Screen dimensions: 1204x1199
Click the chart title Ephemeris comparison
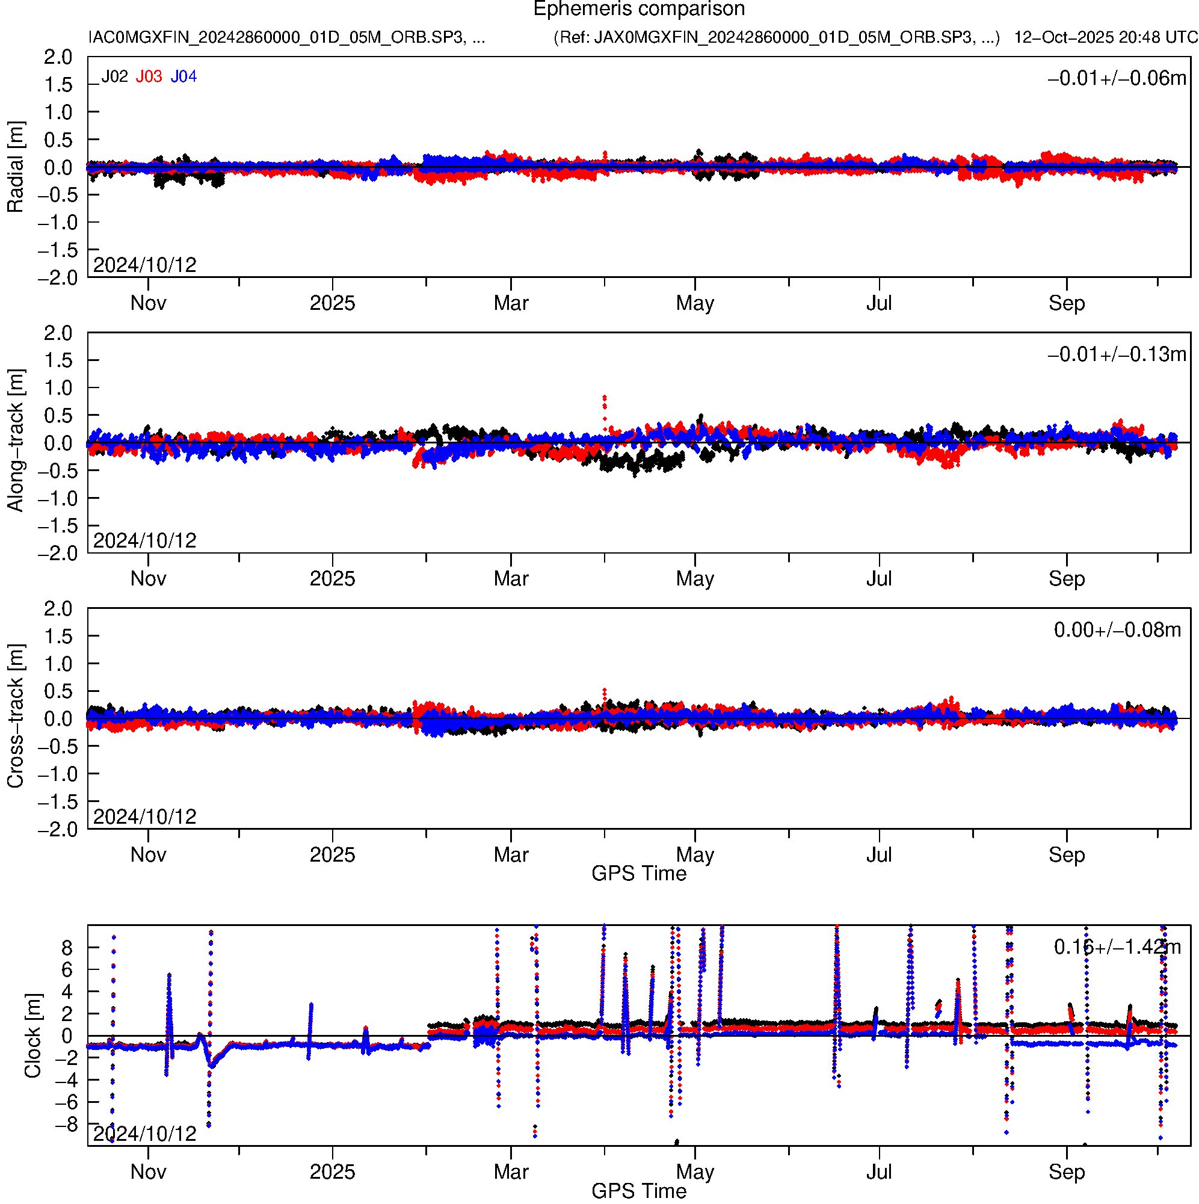click(x=639, y=10)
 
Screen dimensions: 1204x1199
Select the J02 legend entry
click(x=115, y=76)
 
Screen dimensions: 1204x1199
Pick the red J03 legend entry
click(x=149, y=76)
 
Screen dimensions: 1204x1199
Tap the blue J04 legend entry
click(x=184, y=76)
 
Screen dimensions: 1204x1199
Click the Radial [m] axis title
click(x=16, y=167)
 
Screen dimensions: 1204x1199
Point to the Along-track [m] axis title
click(x=16, y=441)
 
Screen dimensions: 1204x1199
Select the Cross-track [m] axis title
click(x=16, y=717)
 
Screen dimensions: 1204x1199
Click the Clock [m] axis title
click(x=32, y=1036)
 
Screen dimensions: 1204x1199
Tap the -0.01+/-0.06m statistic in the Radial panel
click(x=1117, y=78)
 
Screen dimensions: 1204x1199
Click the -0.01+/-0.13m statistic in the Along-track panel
click(x=1117, y=354)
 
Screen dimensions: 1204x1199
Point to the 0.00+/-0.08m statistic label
click(x=1117, y=631)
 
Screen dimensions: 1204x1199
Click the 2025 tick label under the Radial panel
click(x=332, y=303)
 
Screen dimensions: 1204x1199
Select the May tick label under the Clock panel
click(x=695, y=1172)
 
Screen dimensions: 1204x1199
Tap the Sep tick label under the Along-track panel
click(x=1066, y=579)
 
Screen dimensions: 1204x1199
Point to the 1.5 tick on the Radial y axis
click(x=58, y=85)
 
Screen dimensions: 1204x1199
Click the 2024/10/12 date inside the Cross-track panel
click(x=144, y=817)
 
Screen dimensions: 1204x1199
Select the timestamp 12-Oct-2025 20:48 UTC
click(x=1106, y=37)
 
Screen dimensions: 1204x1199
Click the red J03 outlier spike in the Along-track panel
click(x=605, y=399)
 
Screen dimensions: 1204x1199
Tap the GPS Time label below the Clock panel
click(x=639, y=1191)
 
